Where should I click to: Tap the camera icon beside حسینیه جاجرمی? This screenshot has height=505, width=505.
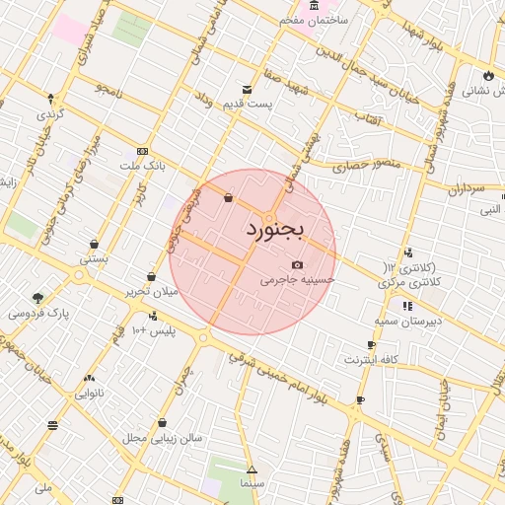(298, 264)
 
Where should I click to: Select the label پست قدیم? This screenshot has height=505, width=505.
(245, 104)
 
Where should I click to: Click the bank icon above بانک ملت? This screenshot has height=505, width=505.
(144, 151)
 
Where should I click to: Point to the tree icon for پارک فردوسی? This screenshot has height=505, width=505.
(38, 298)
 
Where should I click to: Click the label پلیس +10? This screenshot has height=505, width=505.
(154, 330)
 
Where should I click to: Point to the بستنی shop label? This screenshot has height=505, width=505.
(94, 259)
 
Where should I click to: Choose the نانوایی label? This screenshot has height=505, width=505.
(90, 394)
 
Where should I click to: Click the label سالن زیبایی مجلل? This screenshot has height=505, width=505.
(162, 437)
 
